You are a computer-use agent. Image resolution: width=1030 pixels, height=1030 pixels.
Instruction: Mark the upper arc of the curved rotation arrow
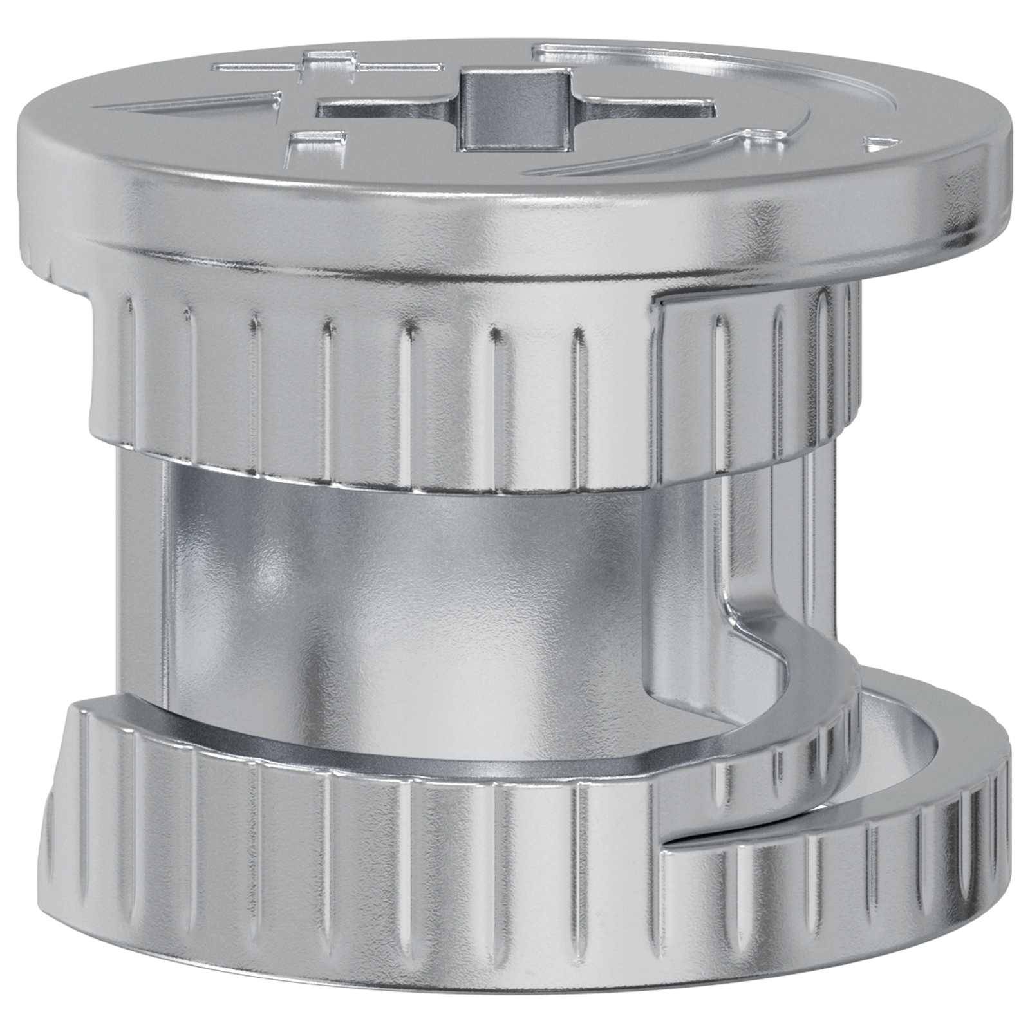708,61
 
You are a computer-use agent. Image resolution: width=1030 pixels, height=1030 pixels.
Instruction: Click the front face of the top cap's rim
451,206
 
